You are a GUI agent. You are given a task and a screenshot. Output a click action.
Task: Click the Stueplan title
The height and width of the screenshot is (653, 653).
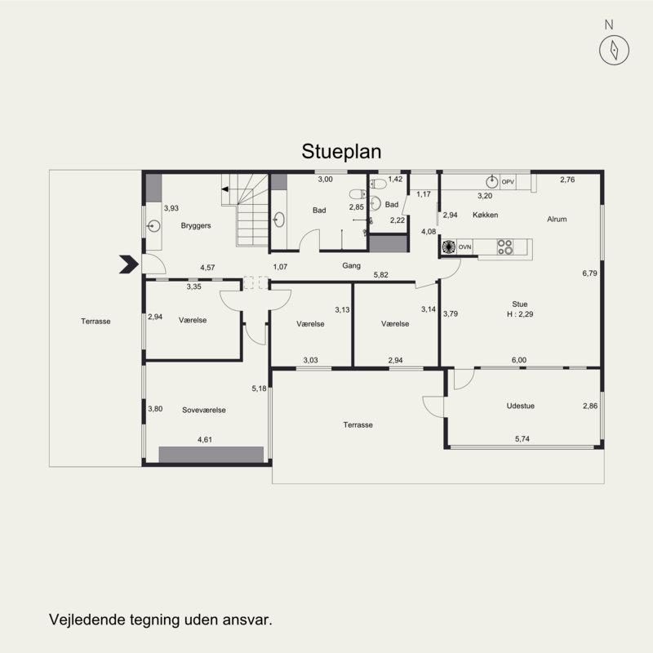341,152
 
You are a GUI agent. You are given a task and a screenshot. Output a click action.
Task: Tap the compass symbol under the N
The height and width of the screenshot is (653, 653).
614,50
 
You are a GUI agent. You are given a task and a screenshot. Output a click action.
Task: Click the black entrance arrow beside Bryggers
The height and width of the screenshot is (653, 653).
129,264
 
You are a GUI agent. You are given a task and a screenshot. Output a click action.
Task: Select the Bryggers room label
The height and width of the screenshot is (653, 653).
196,226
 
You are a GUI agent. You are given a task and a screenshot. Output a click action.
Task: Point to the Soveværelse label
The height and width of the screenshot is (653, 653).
204,410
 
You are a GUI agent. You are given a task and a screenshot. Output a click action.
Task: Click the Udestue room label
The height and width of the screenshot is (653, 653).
521,406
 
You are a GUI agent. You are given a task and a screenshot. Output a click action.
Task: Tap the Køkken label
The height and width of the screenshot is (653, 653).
485,215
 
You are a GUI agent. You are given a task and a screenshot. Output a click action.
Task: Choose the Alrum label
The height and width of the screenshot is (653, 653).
557,219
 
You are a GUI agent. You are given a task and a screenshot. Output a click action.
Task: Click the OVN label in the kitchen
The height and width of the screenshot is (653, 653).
464,247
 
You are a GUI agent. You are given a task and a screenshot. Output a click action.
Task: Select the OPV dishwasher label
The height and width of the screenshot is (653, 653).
508,182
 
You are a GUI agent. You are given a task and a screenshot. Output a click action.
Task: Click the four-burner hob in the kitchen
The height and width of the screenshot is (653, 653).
505,247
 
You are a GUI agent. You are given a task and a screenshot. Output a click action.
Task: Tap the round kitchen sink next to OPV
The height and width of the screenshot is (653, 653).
492,181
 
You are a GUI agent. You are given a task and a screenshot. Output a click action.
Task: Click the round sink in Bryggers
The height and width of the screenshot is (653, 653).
153,226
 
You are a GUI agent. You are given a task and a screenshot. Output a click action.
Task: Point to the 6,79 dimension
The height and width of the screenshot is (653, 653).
589,273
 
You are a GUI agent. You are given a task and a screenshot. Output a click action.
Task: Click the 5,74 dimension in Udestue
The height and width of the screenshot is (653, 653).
522,438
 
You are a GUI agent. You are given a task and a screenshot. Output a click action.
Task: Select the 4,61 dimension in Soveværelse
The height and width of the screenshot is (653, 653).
205,439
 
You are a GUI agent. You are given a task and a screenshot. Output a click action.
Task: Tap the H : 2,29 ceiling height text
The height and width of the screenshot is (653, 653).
520,314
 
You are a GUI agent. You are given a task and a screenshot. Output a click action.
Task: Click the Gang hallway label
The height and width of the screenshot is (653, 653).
352,266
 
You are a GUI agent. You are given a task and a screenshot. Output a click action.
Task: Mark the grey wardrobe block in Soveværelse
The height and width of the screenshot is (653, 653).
211,455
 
